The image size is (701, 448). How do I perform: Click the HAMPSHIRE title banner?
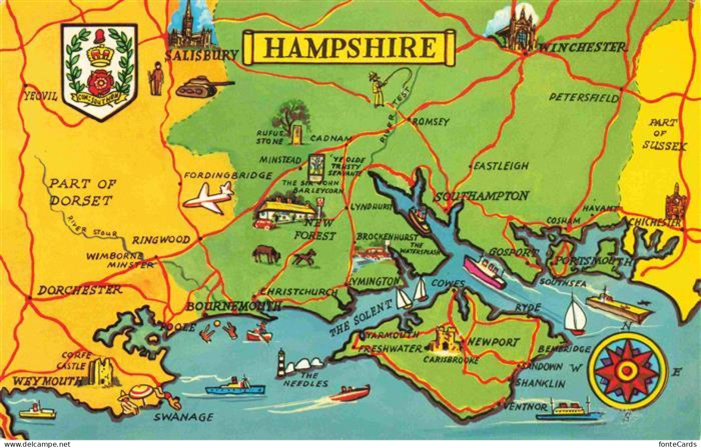click(349, 47)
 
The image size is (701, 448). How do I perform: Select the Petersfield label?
click(583, 98)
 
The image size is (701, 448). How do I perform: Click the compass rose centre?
click(627, 370)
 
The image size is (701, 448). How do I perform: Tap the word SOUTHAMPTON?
click(481, 196)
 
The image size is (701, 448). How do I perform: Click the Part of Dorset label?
click(82, 192)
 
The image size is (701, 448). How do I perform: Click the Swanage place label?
click(184, 417)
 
